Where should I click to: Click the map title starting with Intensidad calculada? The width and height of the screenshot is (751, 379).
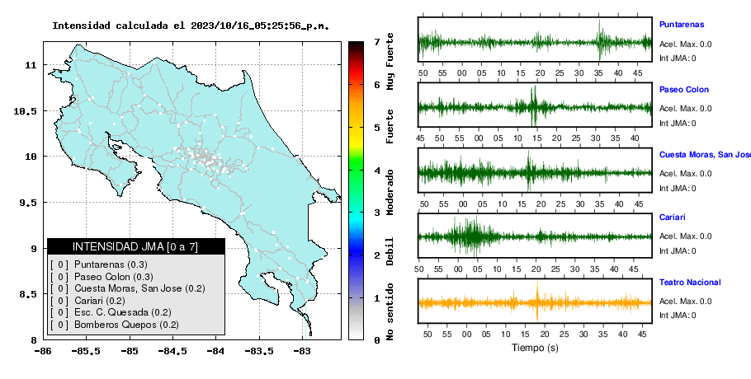click(191, 26)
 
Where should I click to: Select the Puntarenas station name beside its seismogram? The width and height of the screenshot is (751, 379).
click(682, 25)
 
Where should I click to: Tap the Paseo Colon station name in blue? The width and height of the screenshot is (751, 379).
click(684, 89)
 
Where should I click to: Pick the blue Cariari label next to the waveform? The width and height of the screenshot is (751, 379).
click(672, 217)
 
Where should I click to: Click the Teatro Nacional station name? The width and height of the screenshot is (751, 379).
click(690, 282)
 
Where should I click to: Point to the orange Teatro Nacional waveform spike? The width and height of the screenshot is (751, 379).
click(537, 301)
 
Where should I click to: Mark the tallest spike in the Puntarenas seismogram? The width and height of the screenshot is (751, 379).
click(600, 40)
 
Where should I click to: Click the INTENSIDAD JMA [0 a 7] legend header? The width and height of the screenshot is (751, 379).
click(135, 246)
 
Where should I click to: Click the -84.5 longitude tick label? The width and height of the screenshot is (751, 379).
click(172, 352)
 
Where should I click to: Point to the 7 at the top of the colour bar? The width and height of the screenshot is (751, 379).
click(377, 42)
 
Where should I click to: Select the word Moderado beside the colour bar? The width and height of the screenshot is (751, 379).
click(390, 192)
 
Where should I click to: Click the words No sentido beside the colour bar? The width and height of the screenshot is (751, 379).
click(390, 311)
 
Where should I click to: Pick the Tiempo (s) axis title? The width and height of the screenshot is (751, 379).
click(535, 348)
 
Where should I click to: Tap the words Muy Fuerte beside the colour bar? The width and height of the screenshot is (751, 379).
click(390, 61)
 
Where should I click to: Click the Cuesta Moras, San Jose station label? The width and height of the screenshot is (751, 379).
click(705, 155)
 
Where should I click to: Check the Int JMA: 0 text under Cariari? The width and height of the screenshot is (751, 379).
click(678, 251)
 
